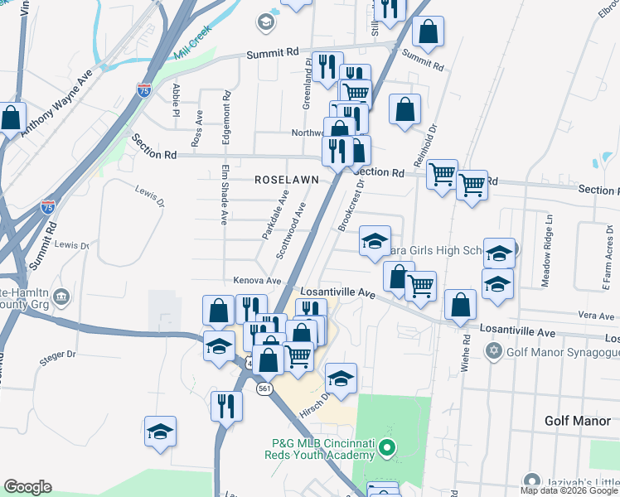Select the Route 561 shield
pyautogui.click(x=264, y=389)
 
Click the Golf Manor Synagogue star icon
pyautogui.click(x=495, y=351)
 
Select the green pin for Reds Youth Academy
pyautogui.click(x=384, y=450)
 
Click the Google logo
pyautogui.click(x=27, y=487)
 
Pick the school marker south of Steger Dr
pyautogui.click(x=160, y=432)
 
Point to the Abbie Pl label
pyautogui.click(x=176, y=99)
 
